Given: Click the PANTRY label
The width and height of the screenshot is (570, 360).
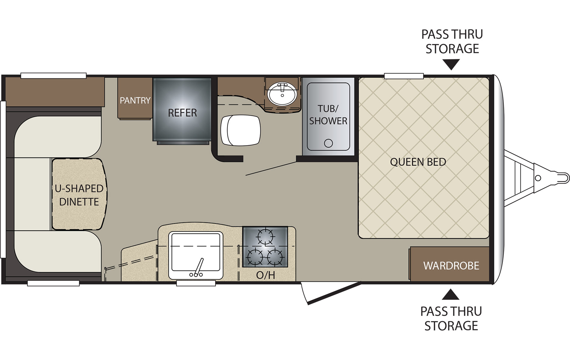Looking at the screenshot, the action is [135, 100].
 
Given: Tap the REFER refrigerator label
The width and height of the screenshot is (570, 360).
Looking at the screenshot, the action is [182, 113].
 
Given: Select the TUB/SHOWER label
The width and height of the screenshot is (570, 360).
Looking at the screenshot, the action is [328, 115].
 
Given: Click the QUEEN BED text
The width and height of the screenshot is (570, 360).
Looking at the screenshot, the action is [418, 162].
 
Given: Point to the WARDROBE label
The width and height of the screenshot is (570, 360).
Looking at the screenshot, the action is [451, 265].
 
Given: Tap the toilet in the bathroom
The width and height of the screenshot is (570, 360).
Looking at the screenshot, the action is [241, 130].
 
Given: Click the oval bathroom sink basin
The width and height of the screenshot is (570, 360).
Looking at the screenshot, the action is [282, 94].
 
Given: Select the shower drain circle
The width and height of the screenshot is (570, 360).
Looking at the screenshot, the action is [328, 143].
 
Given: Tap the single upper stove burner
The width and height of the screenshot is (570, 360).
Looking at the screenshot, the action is [265, 236].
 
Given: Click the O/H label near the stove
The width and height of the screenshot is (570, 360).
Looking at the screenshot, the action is [265, 275].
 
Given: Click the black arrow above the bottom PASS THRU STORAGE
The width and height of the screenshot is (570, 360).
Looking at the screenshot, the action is [451, 294].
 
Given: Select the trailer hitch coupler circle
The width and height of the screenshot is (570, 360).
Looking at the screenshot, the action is [538, 178].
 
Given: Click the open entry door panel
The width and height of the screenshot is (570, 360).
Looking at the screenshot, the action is [334, 293].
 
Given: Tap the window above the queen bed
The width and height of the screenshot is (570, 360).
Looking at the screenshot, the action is [404, 76].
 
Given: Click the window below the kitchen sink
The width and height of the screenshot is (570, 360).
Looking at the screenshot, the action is [196, 283].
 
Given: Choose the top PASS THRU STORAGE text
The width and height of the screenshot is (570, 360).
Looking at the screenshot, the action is [452, 42].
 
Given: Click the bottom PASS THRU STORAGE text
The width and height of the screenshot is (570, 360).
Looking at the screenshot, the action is [451, 319].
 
